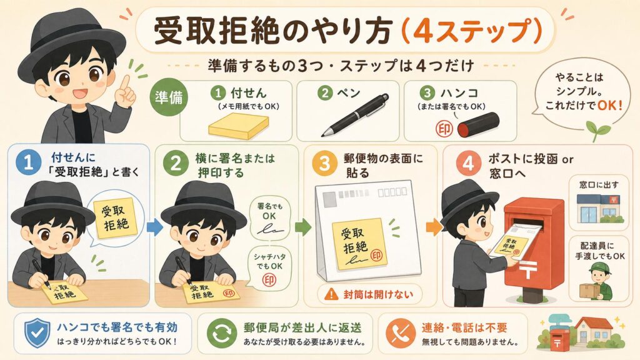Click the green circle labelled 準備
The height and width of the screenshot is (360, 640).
tap(169, 97)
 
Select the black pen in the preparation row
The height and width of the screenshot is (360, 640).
tap(354, 115)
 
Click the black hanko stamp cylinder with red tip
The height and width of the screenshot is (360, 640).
tap(478, 125)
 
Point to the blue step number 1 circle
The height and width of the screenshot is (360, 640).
tap(28, 163)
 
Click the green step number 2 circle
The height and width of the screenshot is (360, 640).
tap(176, 163)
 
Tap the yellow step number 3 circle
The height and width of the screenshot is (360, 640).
tap(324, 163)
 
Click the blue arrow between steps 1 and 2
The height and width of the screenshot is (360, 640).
tap(154, 227)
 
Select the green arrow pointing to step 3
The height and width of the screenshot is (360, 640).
tap(303, 227)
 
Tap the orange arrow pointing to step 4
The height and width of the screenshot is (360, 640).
tap(434, 227)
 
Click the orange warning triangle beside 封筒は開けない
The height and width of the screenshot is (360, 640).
tap(331, 294)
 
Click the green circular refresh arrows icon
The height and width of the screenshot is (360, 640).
tap(221, 333)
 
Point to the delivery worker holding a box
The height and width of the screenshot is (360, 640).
tap(596, 282)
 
